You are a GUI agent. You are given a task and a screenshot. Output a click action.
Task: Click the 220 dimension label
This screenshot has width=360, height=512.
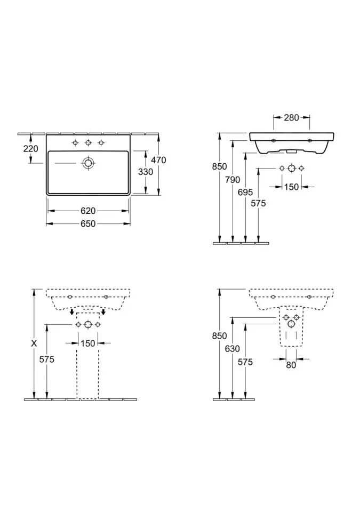pyautogui.click(x=31, y=149)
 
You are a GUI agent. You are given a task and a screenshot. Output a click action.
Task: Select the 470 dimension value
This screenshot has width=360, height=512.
pyautogui.click(x=159, y=160)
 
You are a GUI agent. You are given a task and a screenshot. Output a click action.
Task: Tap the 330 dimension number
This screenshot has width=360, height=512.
pyautogui.click(x=146, y=172)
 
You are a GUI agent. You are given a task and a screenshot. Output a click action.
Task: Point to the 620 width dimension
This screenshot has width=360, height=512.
pyautogui.click(x=88, y=211)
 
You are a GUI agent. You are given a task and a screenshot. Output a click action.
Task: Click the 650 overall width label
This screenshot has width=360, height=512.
pyautogui.click(x=88, y=223)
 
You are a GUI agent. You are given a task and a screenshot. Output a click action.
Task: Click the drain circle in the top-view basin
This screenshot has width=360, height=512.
pyautogui.click(x=88, y=163)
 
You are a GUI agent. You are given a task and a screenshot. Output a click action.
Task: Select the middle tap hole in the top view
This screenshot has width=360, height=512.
pyautogui.click(x=88, y=143)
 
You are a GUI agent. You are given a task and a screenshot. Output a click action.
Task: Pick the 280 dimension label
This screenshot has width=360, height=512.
pyautogui.click(x=291, y=117)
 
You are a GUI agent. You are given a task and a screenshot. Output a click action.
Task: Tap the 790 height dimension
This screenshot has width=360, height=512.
pyautogui.click(x=233, y=180)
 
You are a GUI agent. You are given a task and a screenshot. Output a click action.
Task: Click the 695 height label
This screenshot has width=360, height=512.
pyautogui.click(x=245, y=193)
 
